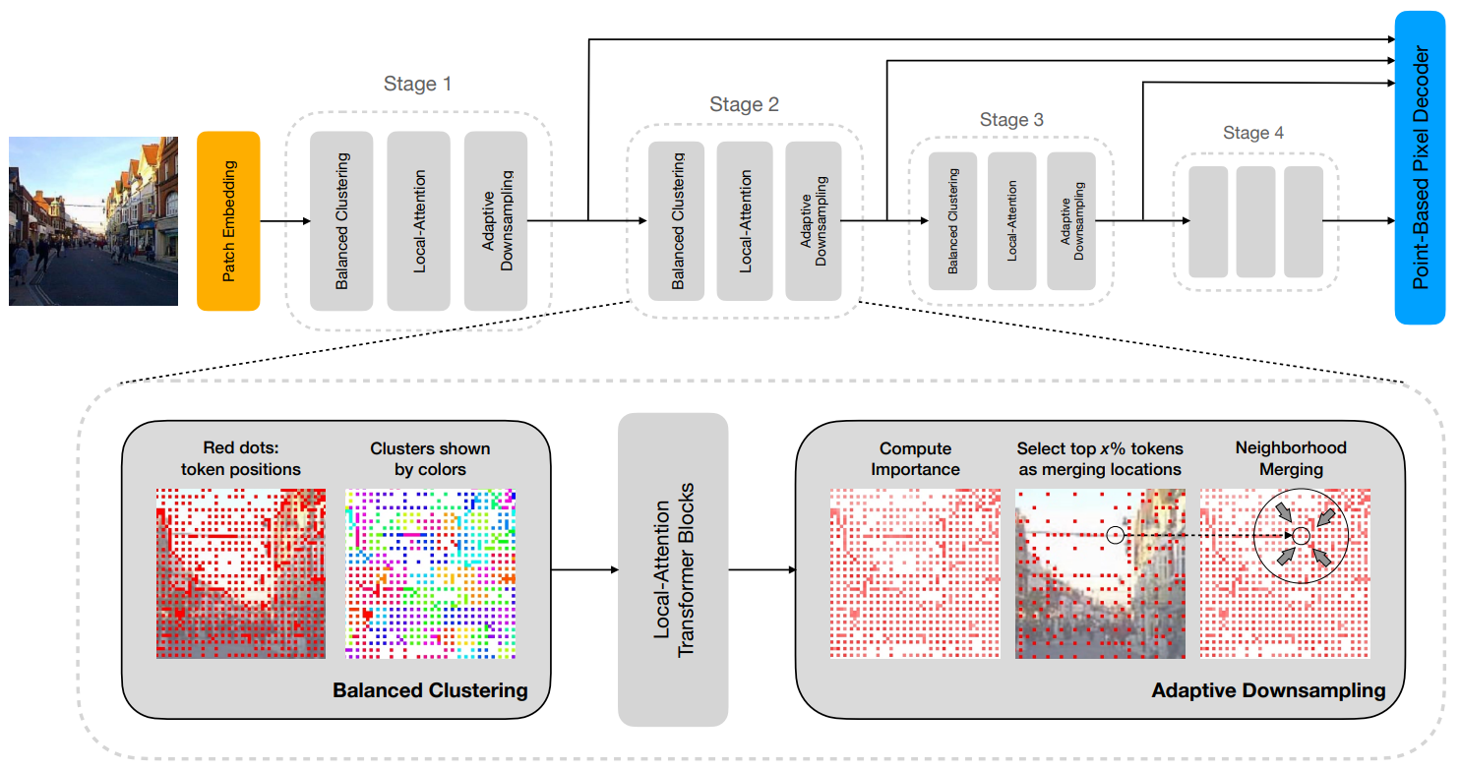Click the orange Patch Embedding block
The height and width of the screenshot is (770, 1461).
click(x=228, y=221)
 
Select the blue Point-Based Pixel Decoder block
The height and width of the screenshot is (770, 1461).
click(x=1420, y=167)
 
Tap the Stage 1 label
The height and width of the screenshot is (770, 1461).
click(x=417, y=84)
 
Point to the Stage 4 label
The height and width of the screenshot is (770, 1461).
click(x=1253, y=133)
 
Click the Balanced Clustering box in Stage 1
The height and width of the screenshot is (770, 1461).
click(x=341, y=221)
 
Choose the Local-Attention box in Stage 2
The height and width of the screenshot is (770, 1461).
click(x=745, y=221)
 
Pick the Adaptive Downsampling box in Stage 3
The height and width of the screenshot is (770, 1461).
click(x=1071, y=221)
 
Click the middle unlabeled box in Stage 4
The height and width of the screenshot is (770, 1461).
click(x=1255, y=221)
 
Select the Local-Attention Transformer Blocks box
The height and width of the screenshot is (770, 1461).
click(x=673, y=569)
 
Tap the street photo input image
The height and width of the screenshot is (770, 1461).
click(x=93, y=221)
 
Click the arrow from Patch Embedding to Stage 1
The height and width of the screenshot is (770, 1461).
click(x=285, y=221)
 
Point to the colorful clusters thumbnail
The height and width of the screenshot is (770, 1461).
click(x=431, y=573)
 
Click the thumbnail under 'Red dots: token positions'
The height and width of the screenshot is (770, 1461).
click(x=241, y=573)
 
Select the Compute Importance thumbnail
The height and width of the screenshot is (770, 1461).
click(x=915, y=573)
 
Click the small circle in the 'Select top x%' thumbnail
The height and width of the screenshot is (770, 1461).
click(x=1116, y=535)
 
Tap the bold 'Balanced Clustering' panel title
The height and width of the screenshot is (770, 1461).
click(x=431, y=690)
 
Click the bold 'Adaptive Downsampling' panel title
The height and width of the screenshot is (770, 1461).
click(x=1268, y=690)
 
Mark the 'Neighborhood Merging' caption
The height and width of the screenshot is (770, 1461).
click(x=1291, y=458)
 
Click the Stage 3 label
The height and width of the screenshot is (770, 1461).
click(x=1011, y=120)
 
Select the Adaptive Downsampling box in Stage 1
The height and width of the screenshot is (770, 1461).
click(x=496, y=221)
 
